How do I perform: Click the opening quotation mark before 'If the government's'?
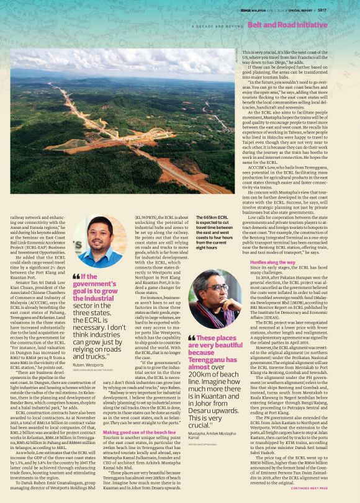[x=77, y=277]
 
